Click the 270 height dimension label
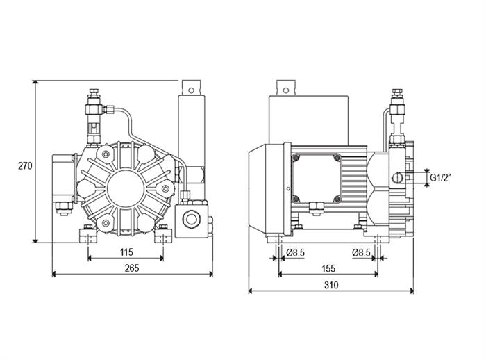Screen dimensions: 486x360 (x=25, y=166)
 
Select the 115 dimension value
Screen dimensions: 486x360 (x=126, y=252)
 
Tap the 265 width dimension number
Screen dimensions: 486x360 (x=132, y=268)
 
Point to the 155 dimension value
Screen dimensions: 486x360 (x=328, y=268)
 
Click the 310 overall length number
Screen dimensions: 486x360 (x=331, y=285)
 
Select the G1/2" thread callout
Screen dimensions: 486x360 (x=440, y=178)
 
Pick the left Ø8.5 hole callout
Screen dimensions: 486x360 (x=295, y=253)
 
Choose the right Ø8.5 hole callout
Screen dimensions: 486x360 (x=362, y=253)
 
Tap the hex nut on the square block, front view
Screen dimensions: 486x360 (x=190, y=219)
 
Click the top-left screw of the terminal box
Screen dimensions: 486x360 (x=296, y=158)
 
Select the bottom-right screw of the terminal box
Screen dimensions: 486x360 (x=337, y=199)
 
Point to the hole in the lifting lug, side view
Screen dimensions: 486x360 (x=286, y=90)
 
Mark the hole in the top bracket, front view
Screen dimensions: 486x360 (x=191, y=90)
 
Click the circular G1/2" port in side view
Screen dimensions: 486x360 (x=398, y=178)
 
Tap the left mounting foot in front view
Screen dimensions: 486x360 (x=88, y=236)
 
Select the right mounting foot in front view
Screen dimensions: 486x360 (x=163, y=236)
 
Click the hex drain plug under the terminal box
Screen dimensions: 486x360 (x=317, y=208)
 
